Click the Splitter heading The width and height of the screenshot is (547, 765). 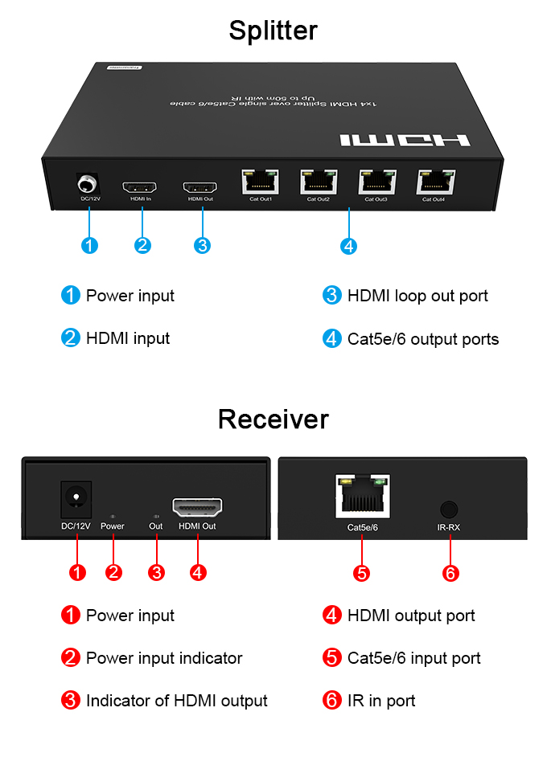[273, 31]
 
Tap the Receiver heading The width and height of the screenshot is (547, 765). [273, 419]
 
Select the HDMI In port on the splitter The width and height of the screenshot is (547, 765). [141, 188]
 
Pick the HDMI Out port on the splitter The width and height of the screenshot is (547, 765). [200, 188]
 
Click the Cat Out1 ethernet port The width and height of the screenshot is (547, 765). [260, 182]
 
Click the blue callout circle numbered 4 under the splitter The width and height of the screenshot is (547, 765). [348, 246]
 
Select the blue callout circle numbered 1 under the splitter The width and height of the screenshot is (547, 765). [90, 246]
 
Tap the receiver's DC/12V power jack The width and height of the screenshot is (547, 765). [76, 500]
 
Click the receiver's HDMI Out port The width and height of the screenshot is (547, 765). [197, 508]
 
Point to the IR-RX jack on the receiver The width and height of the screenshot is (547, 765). [450, 509]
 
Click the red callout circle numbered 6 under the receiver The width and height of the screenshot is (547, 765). [450, 573]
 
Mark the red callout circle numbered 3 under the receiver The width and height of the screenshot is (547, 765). [157, 573]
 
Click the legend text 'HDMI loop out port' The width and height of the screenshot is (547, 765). [417, 296]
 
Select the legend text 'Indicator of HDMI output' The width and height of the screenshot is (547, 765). [176, 701]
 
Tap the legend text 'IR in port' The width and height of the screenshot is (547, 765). [381, 701]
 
